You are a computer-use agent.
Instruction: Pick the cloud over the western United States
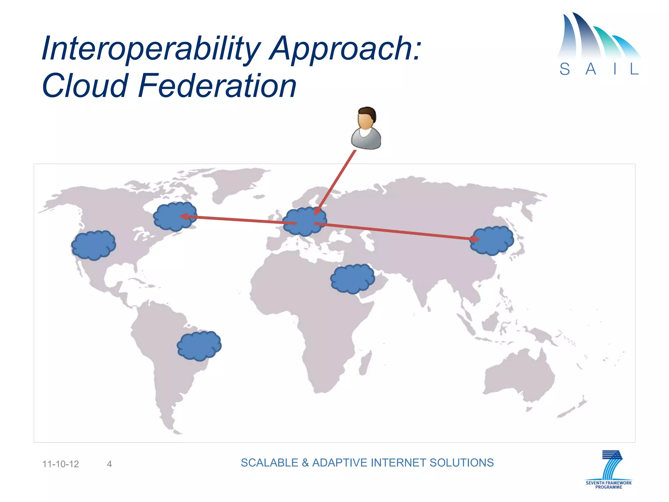click(94, 245)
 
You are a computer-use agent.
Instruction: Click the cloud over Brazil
click(199, 345)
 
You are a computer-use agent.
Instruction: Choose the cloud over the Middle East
click(353, 279)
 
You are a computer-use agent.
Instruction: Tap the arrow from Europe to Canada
click(238, 220)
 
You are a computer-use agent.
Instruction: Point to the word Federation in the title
click(217, 86)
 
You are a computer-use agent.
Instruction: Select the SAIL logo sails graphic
click(598, 38)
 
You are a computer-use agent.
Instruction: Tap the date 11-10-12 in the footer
click(61, 464)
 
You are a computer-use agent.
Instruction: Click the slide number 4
click(109, 464)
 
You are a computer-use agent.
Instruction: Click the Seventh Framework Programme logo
click(609, 469)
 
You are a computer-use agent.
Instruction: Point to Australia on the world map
click(519, 376)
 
